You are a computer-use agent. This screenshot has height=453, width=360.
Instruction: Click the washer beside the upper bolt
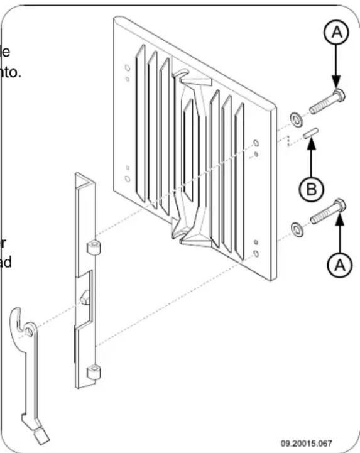294,117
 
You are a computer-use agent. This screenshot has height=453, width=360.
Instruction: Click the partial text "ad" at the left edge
6,261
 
